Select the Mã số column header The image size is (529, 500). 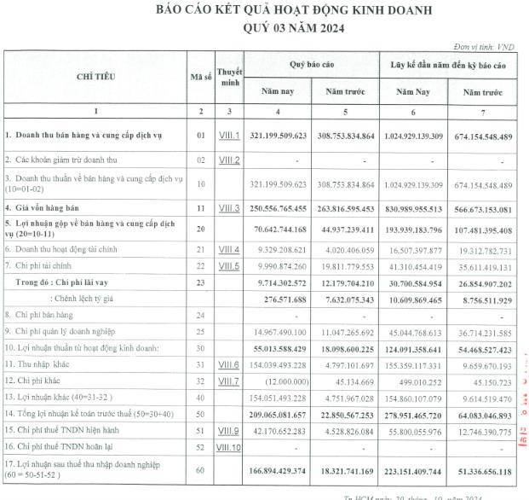(x=201, y=77)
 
